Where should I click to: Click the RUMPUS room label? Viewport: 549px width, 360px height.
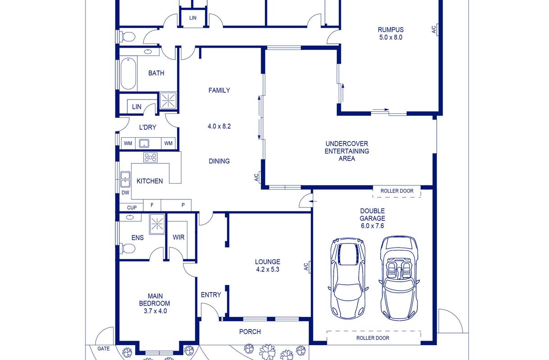[x=390, y=30]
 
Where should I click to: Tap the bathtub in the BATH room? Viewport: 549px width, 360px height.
[x=128, y=73]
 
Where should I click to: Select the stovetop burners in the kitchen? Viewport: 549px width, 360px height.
[x=150, y=157]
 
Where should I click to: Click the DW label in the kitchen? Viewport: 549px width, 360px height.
[x=125, y=193]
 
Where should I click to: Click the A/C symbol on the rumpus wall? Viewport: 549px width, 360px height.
[x=435, y=30]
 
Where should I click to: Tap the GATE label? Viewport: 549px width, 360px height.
[x=104, y=348]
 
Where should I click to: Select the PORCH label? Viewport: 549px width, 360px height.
[x=250, y=332]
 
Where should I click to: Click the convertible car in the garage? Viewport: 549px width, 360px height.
[x=399, y=278]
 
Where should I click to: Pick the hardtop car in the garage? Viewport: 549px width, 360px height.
[x=348, y=279]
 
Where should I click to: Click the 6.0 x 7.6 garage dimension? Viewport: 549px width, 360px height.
[x=372, y=226]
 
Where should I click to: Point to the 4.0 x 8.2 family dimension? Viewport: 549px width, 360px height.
[x=219, y=126]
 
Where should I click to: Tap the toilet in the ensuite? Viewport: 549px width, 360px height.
[x=128, y=248]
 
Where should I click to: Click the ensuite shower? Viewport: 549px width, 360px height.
[x=157, y=224]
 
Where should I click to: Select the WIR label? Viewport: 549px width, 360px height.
[x=178, y=237]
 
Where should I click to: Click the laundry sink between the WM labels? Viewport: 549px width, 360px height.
[x=144, y=144]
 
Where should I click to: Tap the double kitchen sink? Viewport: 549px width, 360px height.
[x=125, y=179]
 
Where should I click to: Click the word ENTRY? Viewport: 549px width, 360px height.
[x=211, y=295]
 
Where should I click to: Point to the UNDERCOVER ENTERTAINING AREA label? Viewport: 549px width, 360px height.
[x=347, y=151]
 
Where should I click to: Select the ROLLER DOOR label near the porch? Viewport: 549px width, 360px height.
[x=372, y=338]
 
